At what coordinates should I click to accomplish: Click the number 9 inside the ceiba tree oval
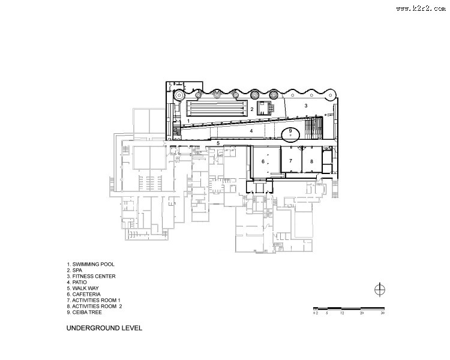[290, 131]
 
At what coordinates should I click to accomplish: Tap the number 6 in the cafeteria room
[263, 161]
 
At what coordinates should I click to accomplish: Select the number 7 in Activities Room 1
[291, 161]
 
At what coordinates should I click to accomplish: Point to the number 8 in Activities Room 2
[311, 161]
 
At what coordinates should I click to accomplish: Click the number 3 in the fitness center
[306, 106]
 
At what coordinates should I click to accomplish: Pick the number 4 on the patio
[251, 131]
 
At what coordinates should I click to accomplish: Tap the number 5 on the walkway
[218, 143]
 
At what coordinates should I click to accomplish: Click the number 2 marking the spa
[252, 109]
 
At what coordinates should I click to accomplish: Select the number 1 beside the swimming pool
[188, 121]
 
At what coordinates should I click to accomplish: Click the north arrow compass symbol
[380, 289]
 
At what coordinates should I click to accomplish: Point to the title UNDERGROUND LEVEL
[104, 328]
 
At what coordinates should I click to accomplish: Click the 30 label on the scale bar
[383, 313]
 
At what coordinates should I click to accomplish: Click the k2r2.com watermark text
[421, 8]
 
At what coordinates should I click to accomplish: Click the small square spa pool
[263, 108]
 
